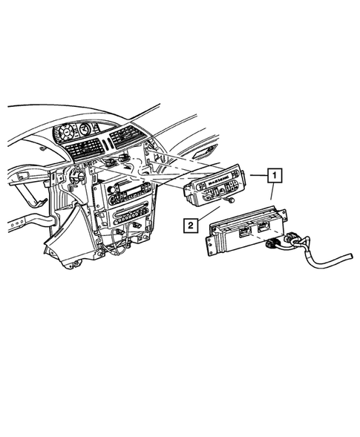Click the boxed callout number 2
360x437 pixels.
191,223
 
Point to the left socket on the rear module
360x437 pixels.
243,231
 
